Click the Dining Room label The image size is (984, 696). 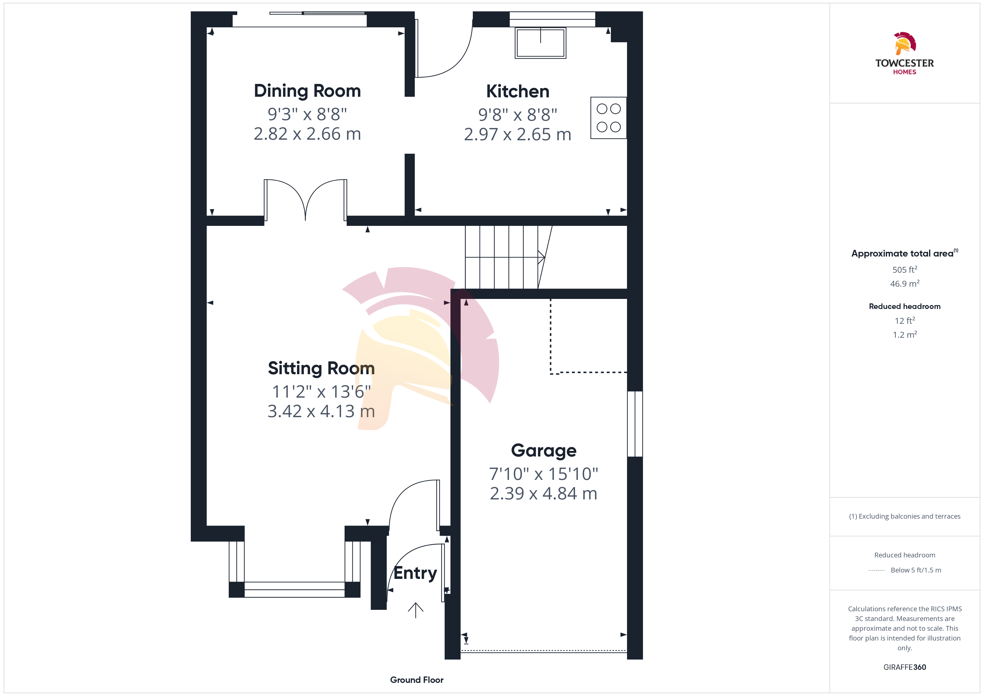coord(307,91)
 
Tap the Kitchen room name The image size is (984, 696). coord(518,91)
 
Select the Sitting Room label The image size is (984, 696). coord(321,368)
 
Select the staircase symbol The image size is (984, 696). coord(508,257)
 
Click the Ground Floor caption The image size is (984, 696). coord(417,680)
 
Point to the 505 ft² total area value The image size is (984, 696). coord(905,270)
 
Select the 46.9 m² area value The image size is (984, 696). coord(905,284)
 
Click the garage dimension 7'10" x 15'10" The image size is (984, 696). coord(543,474)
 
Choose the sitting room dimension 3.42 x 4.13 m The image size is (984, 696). coord(321,411)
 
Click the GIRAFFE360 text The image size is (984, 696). coord(905,667)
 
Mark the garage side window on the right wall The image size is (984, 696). coord(635,424)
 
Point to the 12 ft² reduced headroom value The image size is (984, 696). coord(905,321)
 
